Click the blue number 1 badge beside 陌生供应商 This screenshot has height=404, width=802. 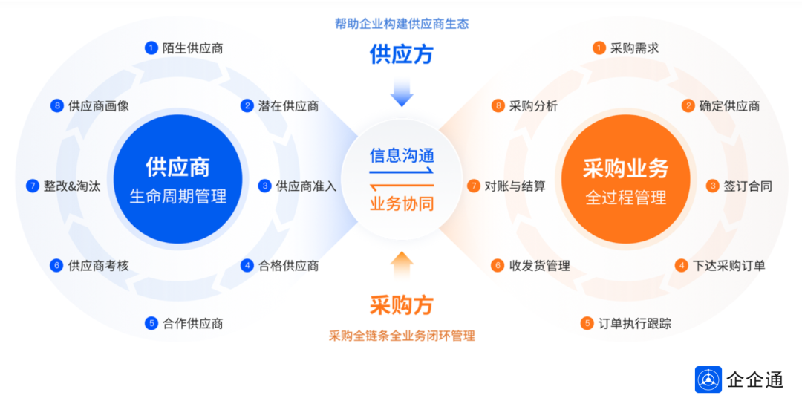(151, 48)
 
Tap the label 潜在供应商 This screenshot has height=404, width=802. (288, 106)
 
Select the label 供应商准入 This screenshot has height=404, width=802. (306, 186)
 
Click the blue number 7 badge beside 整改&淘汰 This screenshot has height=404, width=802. (33, 186)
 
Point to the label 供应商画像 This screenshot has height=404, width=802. (99, 106)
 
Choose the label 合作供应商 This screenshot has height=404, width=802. (193, 323)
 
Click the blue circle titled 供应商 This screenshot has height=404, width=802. (178, 179)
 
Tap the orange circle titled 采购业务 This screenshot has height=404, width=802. (625, 179)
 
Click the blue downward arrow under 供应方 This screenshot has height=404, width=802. (402, 93)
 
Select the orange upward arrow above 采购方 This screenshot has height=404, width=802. (402, 265)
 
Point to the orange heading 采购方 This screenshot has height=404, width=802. (402, 305)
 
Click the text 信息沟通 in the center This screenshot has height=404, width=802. (402, 155)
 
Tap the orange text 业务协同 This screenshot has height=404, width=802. (402, 203)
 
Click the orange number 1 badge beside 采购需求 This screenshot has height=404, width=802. (599, 48)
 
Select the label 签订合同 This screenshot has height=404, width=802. (748, 186)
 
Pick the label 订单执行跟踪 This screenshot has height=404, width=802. (635, 323)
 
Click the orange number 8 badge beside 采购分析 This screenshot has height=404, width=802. (498, 106)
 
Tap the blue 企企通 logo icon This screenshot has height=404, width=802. (708, 379)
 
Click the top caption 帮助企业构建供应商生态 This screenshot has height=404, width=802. (402, 24)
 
